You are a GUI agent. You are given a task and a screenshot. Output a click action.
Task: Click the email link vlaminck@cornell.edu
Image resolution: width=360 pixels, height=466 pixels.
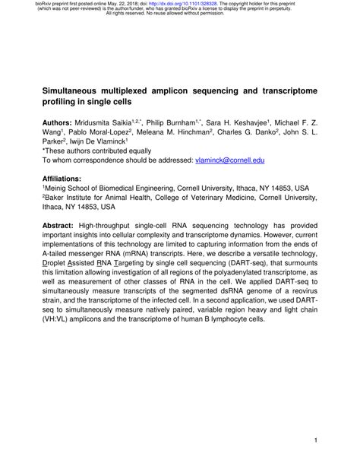(230, 161)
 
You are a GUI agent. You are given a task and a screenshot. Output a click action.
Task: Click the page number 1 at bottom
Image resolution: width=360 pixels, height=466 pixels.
(314, 439)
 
